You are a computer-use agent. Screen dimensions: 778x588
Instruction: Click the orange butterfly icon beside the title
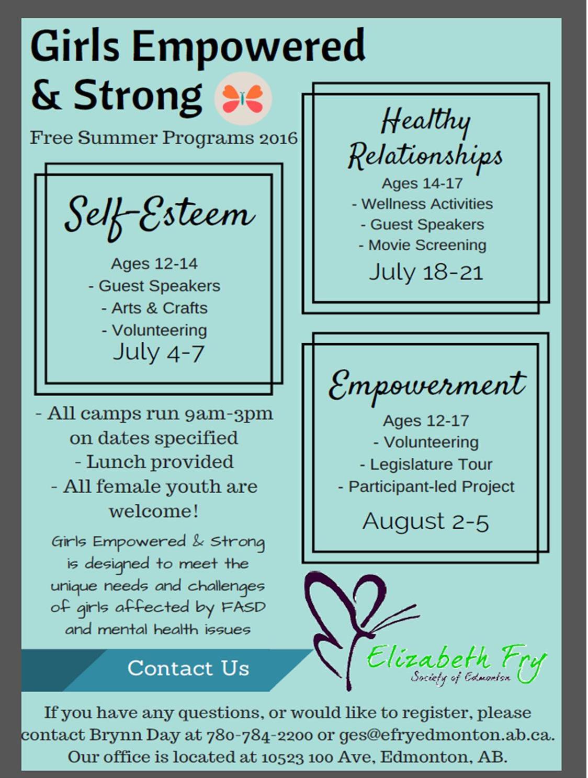243,98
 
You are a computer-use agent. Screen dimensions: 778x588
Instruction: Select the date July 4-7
159,353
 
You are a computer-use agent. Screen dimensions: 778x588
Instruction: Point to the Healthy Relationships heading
425,138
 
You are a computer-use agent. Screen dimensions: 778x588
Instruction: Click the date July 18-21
426,272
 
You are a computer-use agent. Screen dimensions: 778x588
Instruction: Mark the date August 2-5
425,521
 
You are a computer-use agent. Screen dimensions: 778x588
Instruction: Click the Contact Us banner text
188,668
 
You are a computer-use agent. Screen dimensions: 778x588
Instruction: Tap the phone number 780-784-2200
259,735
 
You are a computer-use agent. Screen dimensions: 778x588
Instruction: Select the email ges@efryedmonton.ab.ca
446,735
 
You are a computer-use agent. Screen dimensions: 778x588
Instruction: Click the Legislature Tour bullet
426,464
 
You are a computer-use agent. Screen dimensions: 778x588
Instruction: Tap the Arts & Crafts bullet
154,308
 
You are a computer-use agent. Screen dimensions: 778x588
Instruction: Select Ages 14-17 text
422,183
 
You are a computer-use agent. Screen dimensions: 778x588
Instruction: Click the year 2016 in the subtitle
278,138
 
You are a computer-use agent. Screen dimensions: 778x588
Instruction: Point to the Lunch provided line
154,462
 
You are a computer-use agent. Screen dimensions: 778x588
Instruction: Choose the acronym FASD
243,607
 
